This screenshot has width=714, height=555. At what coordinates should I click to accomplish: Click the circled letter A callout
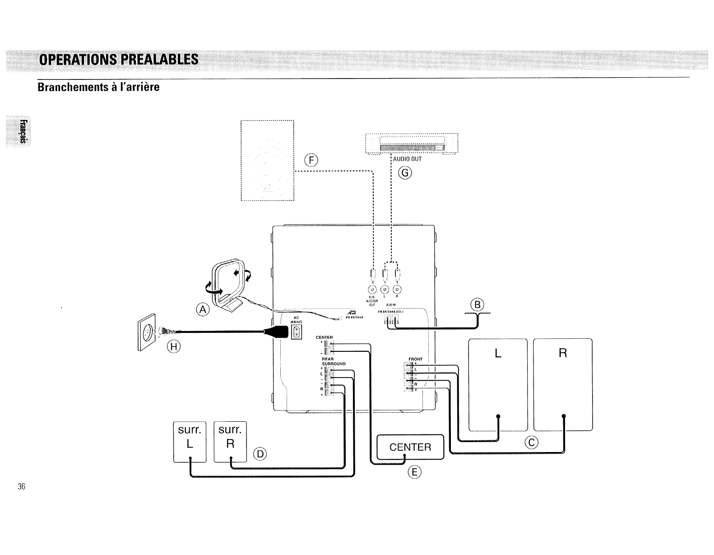(204, 309)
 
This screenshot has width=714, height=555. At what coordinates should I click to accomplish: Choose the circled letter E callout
(414, 473)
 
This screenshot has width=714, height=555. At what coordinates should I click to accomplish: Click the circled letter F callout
(311, 160)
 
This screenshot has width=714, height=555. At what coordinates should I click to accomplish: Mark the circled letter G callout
(405, 173)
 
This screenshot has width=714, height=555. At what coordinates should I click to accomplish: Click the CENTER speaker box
(410, 447)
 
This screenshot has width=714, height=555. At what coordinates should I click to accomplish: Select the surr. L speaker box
(190, 442)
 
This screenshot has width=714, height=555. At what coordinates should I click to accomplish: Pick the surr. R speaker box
(230, 442)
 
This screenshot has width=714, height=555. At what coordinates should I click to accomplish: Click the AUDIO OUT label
(407, 159)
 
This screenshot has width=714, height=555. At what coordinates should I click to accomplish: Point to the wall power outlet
(147, 333)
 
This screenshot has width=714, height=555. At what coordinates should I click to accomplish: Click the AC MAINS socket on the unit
(297, 332)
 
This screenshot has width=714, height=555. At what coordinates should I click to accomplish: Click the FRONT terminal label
(415, 359)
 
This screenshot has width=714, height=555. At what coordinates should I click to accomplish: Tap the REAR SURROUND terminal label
(333, 361)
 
